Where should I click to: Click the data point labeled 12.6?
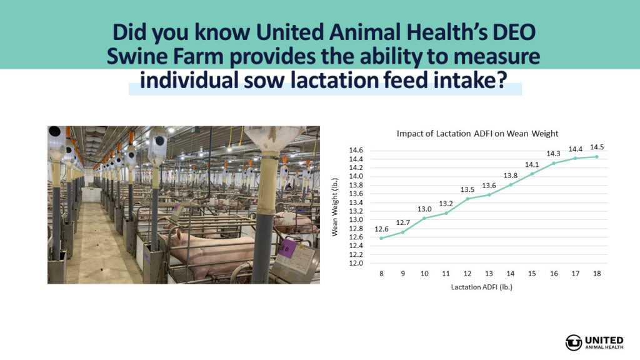381,238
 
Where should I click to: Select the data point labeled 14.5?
597,157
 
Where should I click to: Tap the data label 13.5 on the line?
467,189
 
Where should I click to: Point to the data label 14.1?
532,164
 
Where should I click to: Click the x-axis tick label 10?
424,274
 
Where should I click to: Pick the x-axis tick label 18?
597,274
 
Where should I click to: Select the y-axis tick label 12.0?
356,263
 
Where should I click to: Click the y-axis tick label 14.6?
356,150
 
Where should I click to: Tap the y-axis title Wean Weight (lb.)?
335,207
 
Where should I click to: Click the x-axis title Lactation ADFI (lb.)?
482,287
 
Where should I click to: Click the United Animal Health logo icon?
574,342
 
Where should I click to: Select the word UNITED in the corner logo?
604,340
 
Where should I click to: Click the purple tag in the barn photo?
287,248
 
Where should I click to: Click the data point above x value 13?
489,195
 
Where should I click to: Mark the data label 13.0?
424,209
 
